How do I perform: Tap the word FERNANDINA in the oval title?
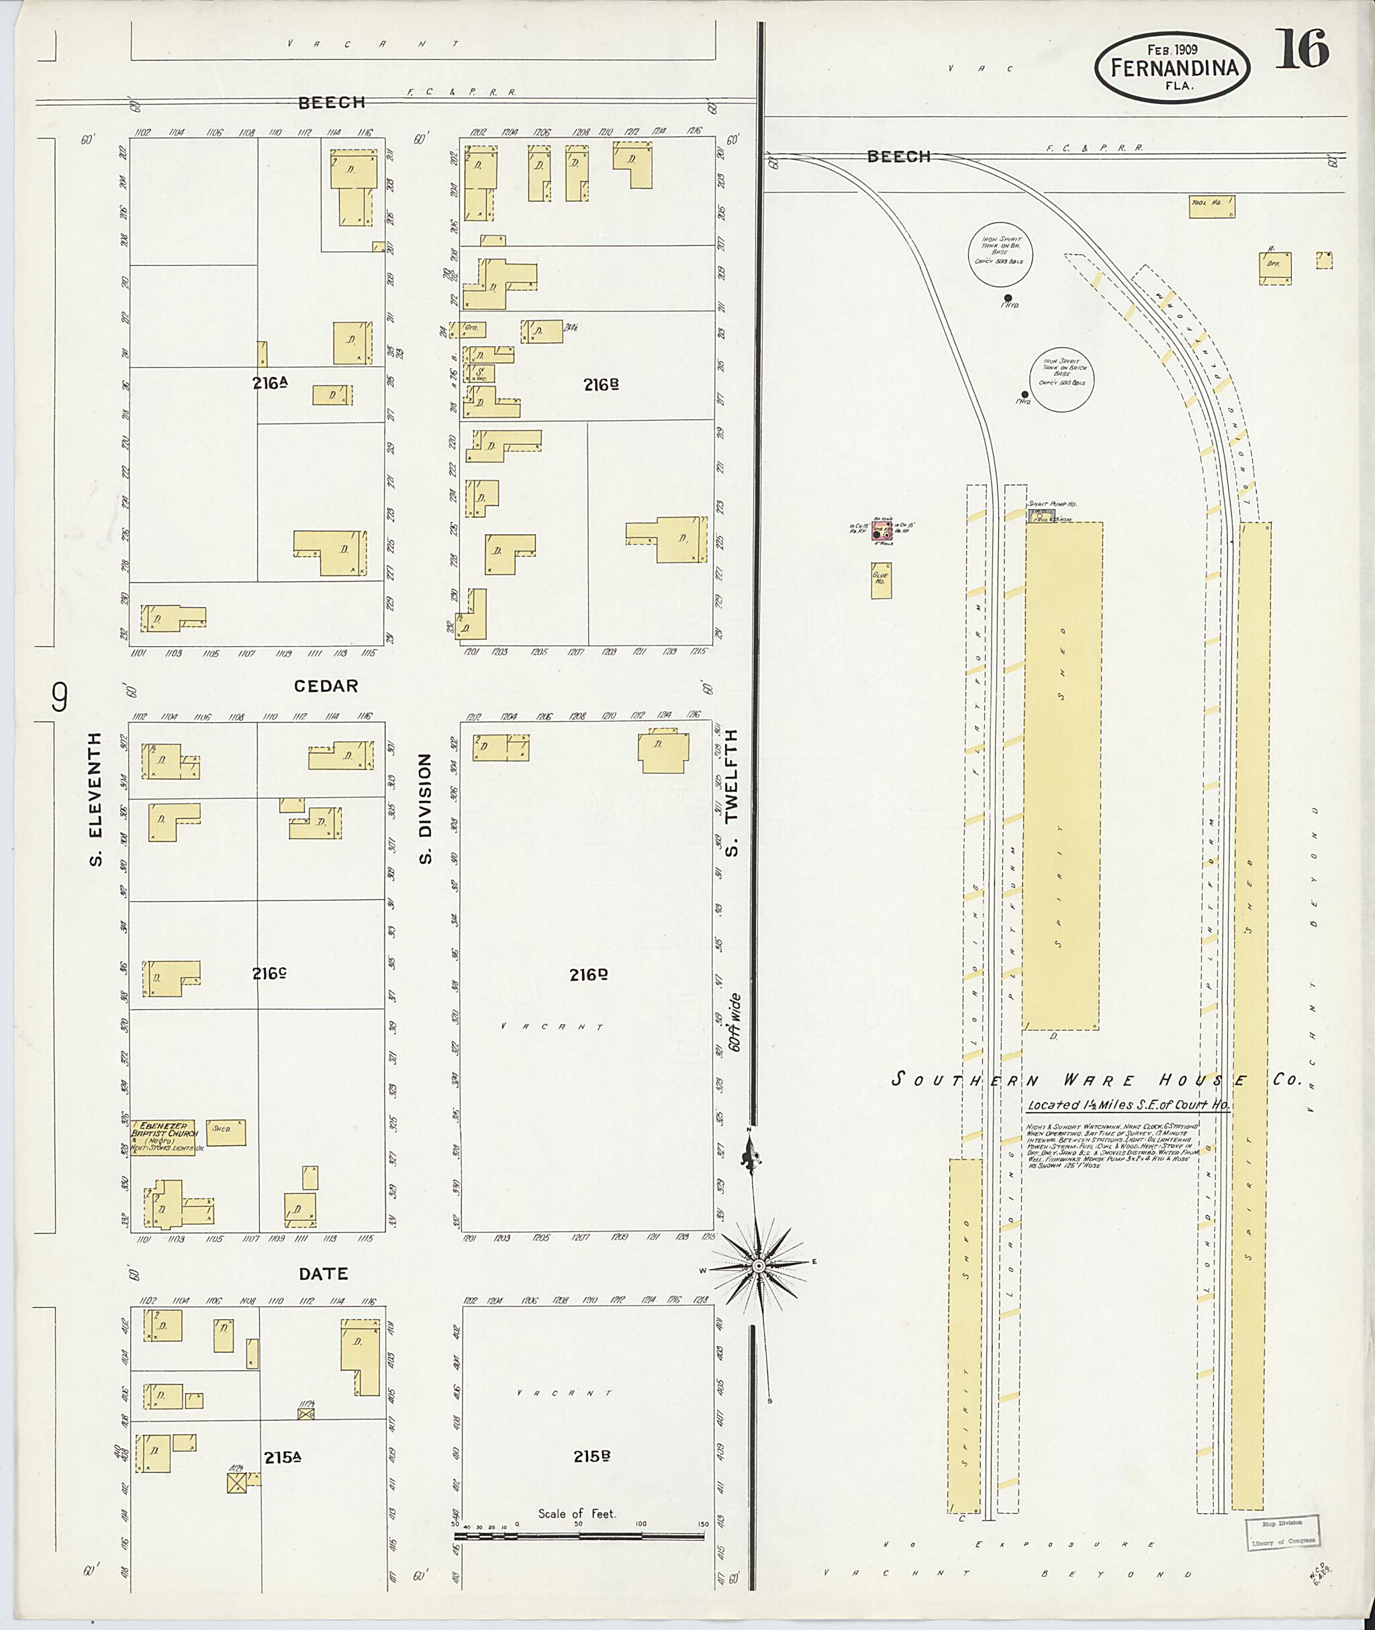tap(1175, 68)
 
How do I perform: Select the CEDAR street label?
tap(326, 686)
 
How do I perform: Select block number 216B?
tap(600, 384)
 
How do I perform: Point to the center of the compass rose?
tap(756, 1267)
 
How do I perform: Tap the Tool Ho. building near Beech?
tap(1211, 206)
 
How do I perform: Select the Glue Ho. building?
tap(882, 580)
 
